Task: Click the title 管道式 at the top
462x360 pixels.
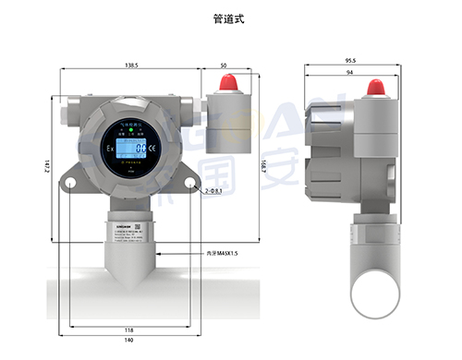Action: tap(231, 17)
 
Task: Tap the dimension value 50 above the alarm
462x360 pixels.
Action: tap(224, 66)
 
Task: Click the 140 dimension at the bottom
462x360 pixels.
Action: tap(130, 342)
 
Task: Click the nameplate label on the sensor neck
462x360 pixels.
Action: tap(130, 231)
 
